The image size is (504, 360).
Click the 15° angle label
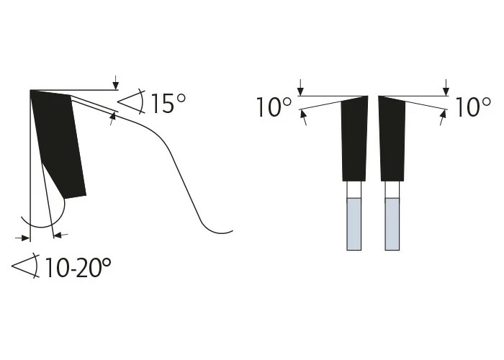pos(168,103)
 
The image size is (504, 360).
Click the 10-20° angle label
pos(78,267)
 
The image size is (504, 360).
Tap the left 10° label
pos(274,107)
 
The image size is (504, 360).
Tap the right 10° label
pos(473,107)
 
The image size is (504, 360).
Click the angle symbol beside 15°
pos(131,101)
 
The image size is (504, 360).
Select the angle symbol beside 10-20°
pos(26,266)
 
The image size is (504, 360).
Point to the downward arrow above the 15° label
pos(116,83)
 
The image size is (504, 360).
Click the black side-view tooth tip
pos(59,143)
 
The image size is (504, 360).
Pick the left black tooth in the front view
pos(354,138)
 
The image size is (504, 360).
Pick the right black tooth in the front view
pos(392,138)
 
